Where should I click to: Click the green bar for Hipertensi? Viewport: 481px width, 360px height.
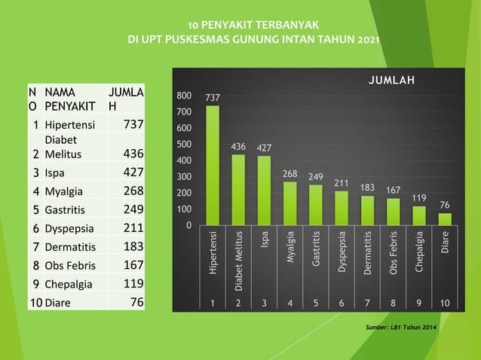tap(213, 166)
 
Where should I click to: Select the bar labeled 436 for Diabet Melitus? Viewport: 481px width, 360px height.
tap(238, 190)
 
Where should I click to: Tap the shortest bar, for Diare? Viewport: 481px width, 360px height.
tap(445, 219)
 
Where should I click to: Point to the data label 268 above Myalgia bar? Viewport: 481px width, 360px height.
tap(290, 174)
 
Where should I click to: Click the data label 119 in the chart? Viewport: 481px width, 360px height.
tap(419, 197)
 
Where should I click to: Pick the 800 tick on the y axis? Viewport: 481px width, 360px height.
tap(183, 96)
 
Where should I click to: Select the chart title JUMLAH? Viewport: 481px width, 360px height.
tap(391, 81)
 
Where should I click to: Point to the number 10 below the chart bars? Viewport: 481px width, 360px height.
tap(445, 303)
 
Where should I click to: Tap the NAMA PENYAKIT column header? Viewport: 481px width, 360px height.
tap(65, 99)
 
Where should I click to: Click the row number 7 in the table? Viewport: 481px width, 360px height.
tap(35, 246)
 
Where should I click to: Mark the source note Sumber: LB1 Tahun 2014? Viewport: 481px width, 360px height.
tap(400, 328)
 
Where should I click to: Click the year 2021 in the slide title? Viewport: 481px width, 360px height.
tap(368, 39)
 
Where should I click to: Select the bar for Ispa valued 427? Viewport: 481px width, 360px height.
tap(264, 191)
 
